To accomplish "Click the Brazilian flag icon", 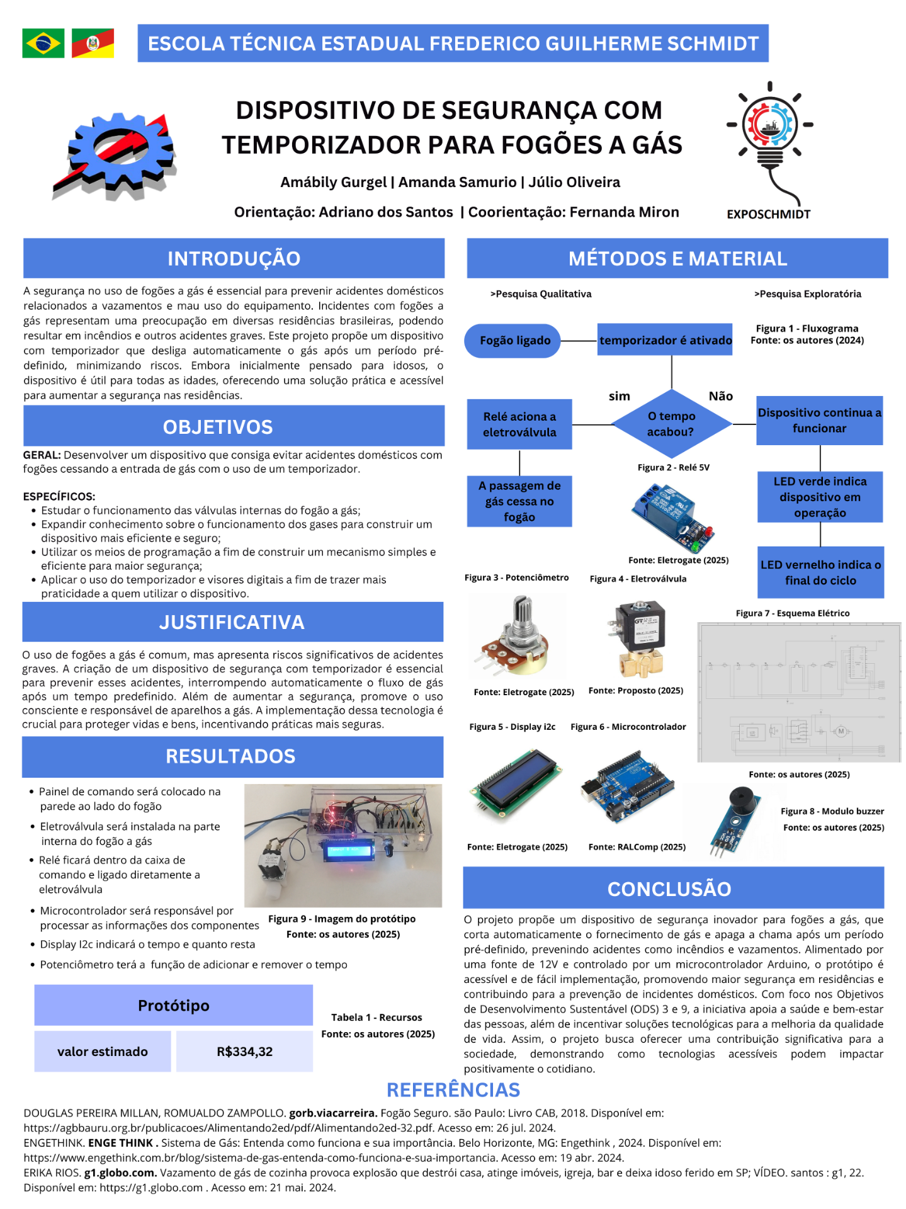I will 43,43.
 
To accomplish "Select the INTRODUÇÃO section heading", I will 234,258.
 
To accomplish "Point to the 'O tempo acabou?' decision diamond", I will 671,424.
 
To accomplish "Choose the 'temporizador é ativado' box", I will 665,341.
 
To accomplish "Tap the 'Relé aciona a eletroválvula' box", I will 519,424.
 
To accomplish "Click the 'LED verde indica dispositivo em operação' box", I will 820,497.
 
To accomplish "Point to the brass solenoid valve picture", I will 639,638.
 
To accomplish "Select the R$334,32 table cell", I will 244,1052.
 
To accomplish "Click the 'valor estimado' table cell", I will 103,1052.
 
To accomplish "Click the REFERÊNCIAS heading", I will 453,1090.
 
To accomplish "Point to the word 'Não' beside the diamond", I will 720,396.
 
